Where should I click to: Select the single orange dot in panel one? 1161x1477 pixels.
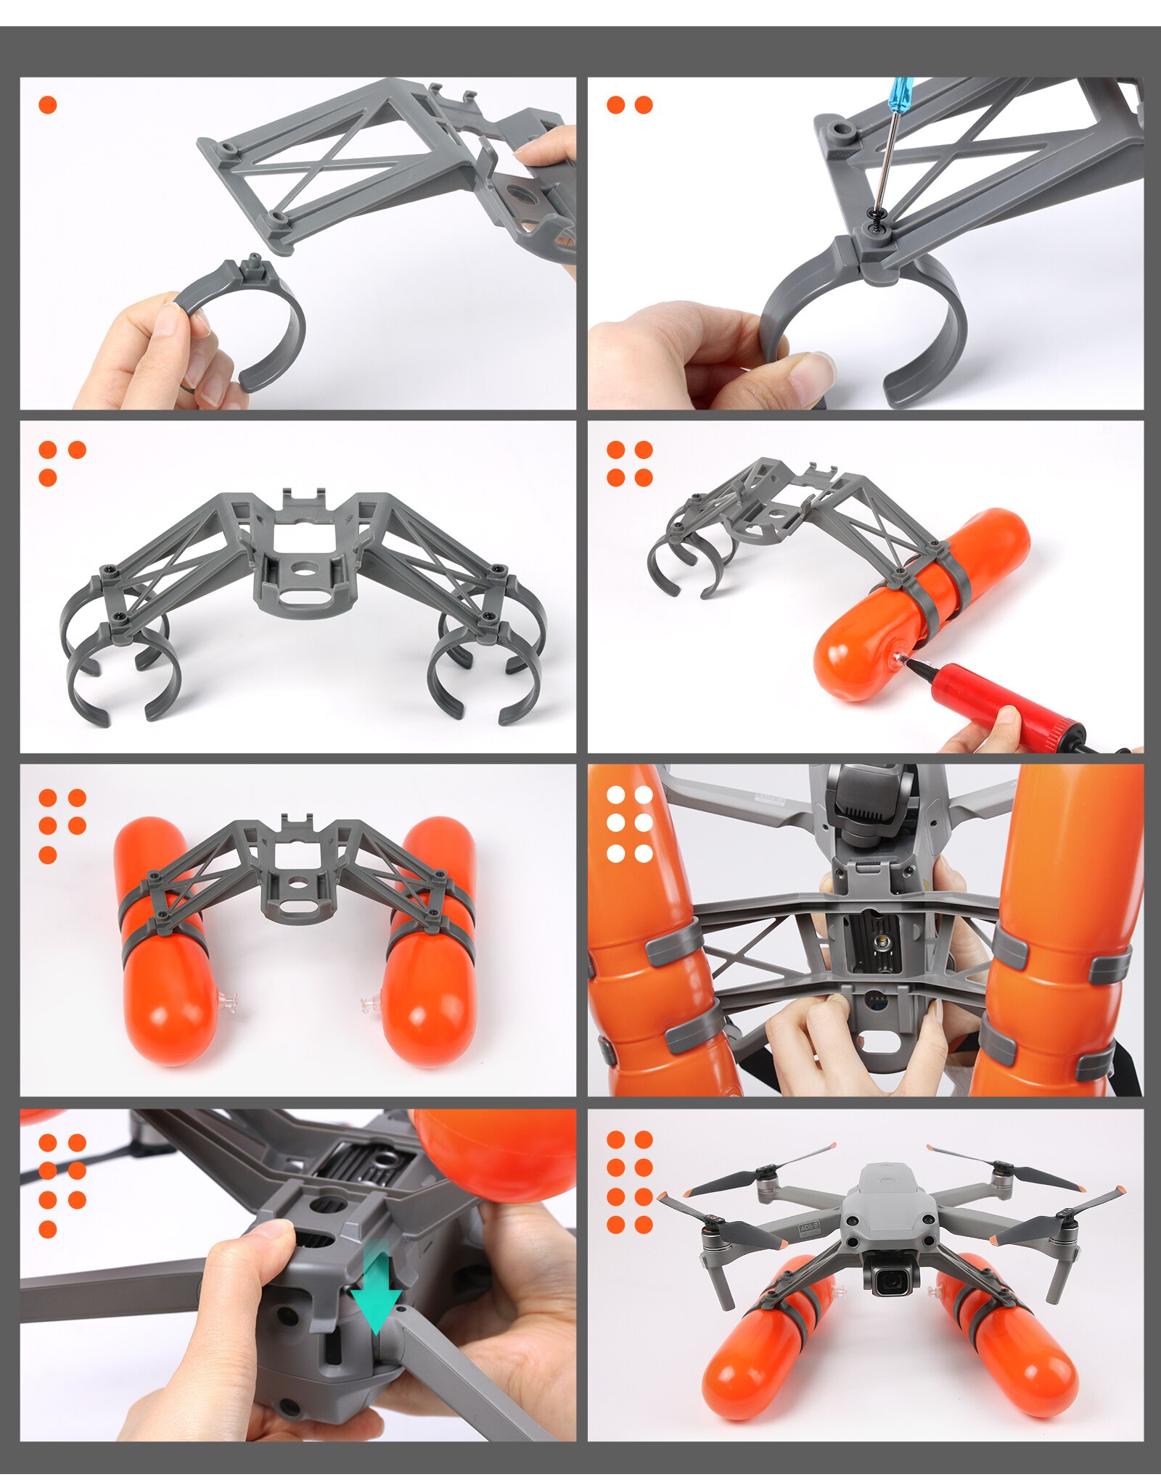(x=48, y=105)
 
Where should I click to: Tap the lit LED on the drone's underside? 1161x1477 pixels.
(x=883, y=941)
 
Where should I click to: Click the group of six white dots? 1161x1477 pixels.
(x=629, y=824)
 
